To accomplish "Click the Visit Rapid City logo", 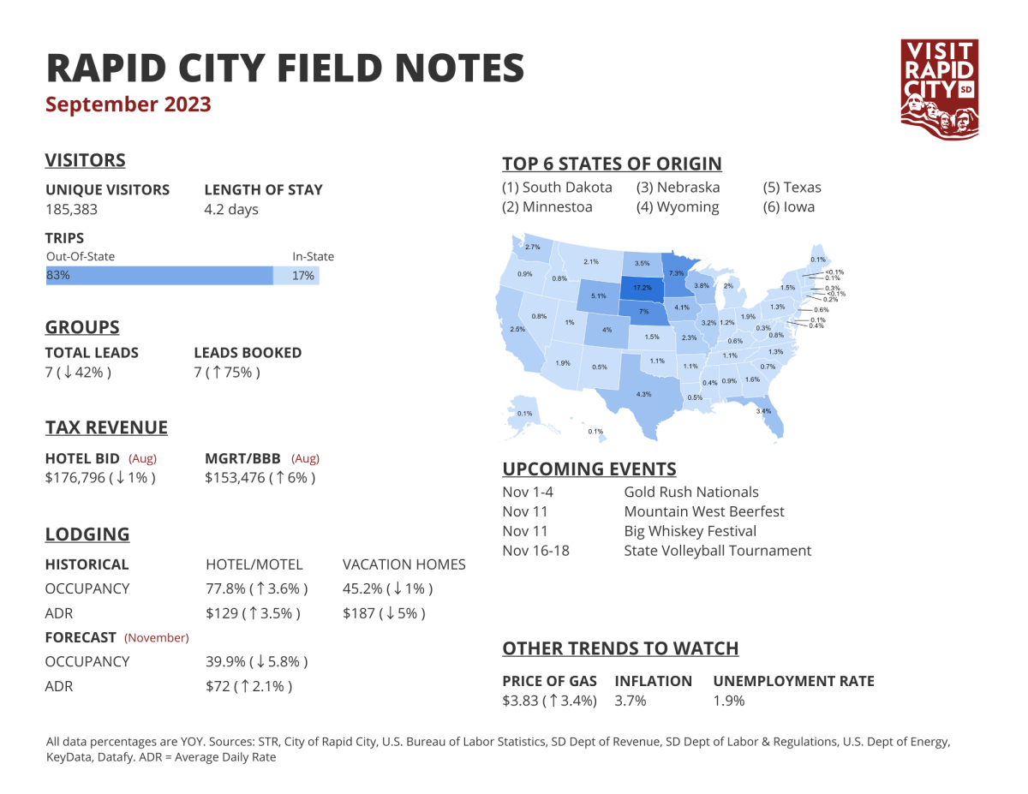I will [940, 87].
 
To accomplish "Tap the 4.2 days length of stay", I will [230, 210].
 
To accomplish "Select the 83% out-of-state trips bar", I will [159, 276].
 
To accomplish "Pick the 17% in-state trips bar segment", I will [296, 276].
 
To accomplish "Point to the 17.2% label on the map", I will [642, 288].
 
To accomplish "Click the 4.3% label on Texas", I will [643, 394].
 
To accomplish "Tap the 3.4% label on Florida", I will [763, 411].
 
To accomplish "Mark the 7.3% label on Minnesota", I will [676, 272].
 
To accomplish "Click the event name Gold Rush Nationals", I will [691, 492].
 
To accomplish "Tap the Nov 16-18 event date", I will [535, 550].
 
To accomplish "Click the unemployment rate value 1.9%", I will [729, 701].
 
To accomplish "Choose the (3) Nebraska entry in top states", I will [678, 187].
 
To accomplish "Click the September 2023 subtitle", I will [128, 104].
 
